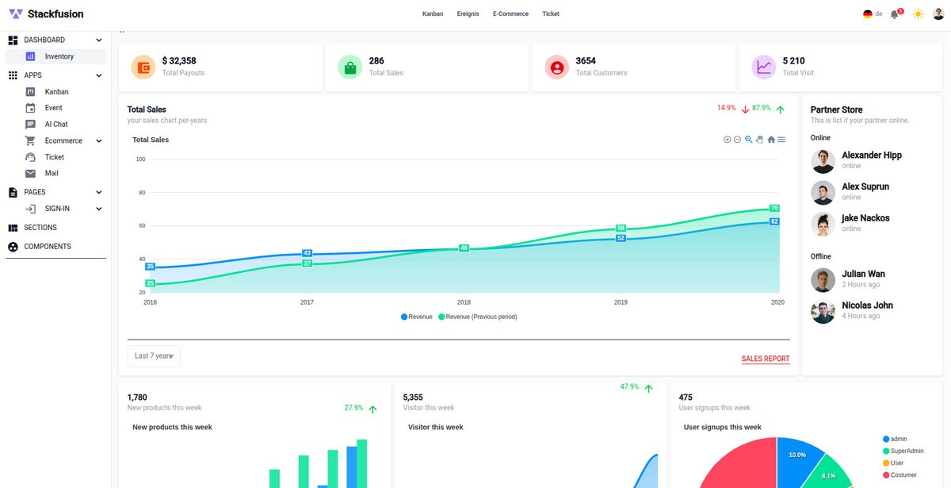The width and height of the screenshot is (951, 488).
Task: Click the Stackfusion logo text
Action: point(55,13)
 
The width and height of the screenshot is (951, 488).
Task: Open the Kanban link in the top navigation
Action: point(433,13)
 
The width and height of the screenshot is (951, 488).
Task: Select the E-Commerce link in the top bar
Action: point(510,13)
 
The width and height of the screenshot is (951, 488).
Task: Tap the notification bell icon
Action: point(895,14)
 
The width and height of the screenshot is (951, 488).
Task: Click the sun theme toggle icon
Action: point(918,14)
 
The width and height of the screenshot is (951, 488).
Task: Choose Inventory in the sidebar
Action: point(59,56)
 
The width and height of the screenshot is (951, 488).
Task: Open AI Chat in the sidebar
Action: point(56,125)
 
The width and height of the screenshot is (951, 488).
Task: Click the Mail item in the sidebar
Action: point(52,173)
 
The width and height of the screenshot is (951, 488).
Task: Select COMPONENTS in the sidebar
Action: point(48,247)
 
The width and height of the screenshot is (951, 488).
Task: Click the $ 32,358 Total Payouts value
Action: point(179,61)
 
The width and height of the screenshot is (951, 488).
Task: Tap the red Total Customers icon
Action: point(556,67)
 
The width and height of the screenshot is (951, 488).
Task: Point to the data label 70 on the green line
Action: point(774,208)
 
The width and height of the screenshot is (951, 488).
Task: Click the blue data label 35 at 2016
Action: point(151,267)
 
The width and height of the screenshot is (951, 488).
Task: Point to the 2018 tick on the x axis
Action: point(464,302)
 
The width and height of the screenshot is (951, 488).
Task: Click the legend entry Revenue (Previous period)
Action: point(481,317)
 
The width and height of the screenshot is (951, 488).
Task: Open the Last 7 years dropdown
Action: point(154,356)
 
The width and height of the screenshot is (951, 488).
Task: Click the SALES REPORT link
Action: point(765,359)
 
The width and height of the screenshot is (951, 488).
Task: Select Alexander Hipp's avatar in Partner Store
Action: point(823,161)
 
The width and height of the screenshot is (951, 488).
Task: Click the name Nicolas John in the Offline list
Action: point(867,305)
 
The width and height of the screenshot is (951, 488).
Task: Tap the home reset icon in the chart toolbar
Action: point(771,140)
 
